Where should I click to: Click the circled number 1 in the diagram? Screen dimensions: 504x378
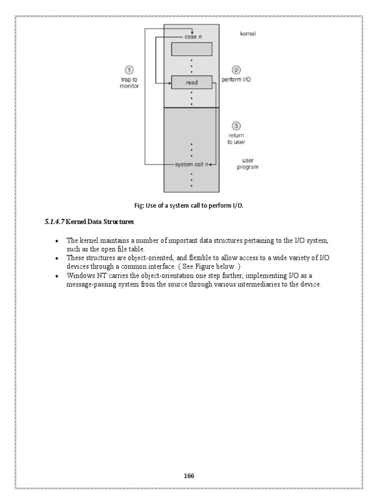[x=129, y=69]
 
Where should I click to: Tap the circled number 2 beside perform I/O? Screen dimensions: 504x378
[x=236, y=70]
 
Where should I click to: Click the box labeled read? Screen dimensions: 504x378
[x=191, y=83]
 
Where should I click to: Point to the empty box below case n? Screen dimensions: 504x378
[x=191, y=49]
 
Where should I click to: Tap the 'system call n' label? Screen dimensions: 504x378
[x=191, y=164]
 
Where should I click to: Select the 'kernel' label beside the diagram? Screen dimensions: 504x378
[x=248, y=34]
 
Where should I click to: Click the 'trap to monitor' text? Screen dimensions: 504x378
[x=129, y=83]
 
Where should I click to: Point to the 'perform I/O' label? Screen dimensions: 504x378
[x=236, y=80]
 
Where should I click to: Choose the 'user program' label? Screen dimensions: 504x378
[x=248, y=164]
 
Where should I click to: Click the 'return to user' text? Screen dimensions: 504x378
[x=236, y=138]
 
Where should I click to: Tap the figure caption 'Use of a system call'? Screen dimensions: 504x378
[x=192, y=205]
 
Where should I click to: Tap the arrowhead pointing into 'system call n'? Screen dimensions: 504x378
[x=210, y=164]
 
